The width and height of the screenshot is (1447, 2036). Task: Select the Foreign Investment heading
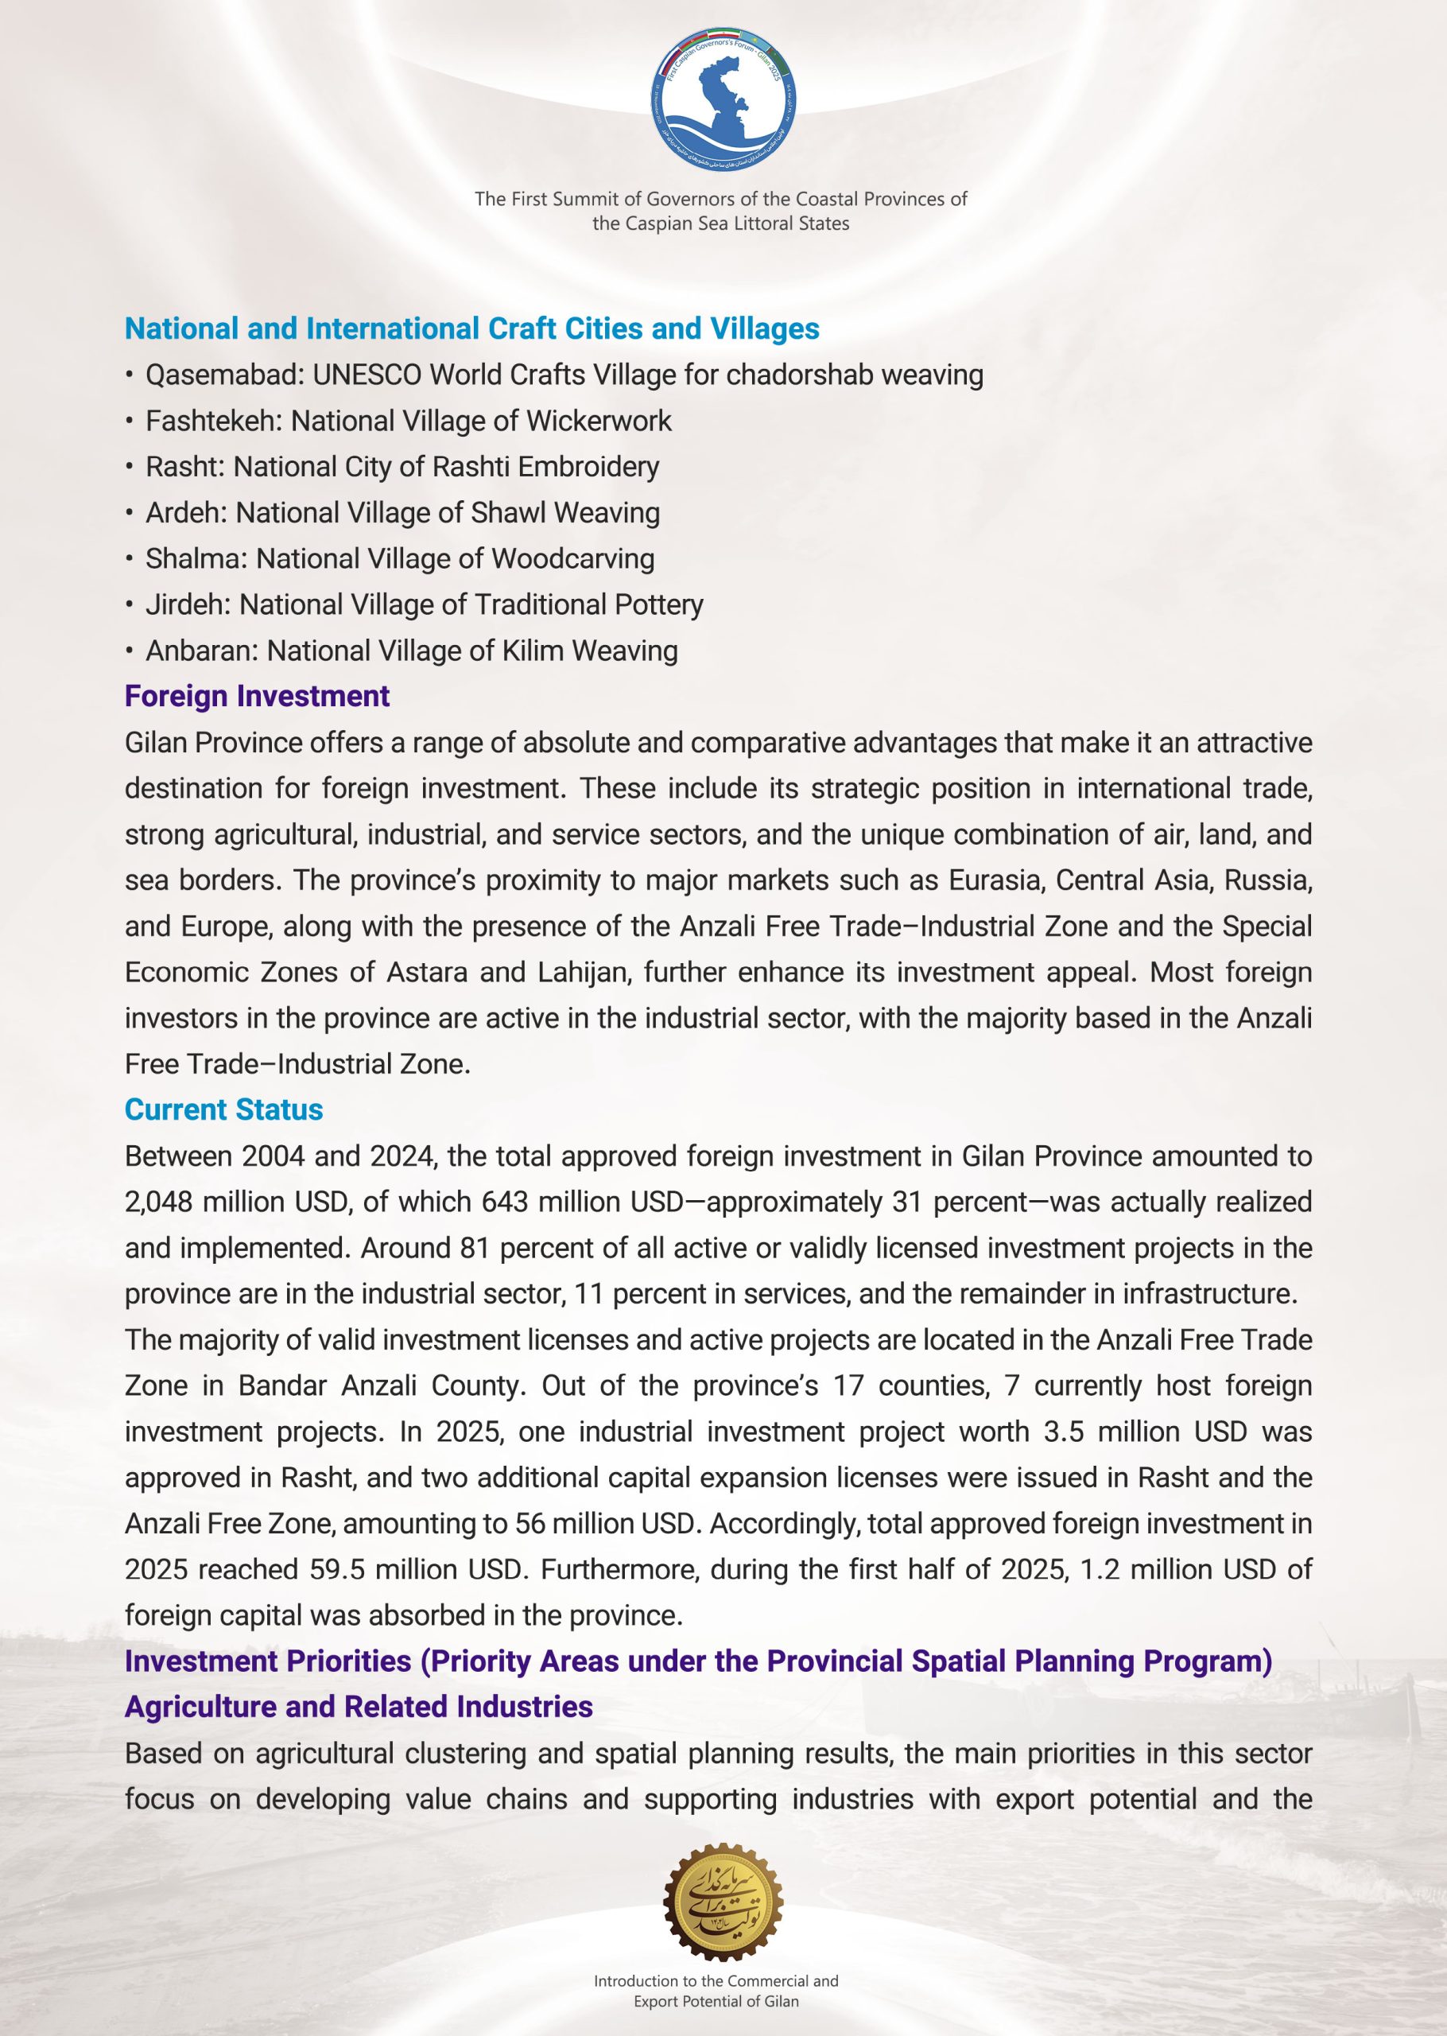(257, 696)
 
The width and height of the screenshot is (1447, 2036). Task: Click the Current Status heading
(223, 1109)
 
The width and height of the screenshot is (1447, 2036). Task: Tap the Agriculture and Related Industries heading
(359, 1706)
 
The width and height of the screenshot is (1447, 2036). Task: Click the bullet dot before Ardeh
(130, 513)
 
